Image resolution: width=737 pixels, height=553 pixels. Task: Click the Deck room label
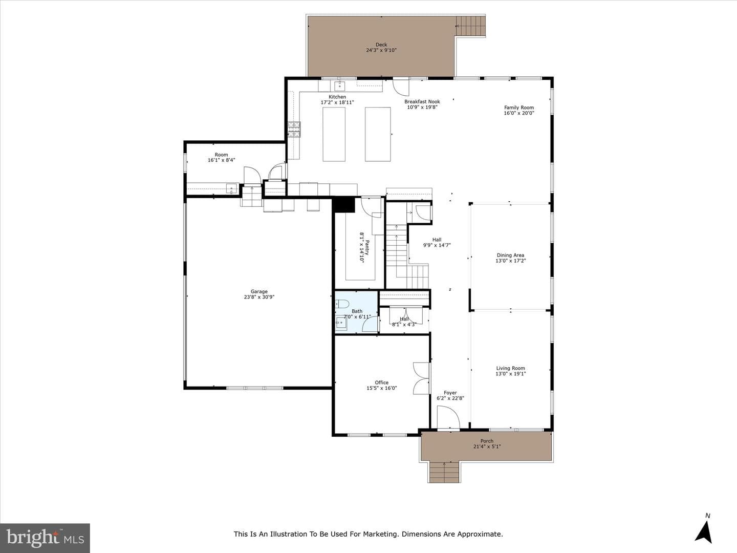click(381, 45)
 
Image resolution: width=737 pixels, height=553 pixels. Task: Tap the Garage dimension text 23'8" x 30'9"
click(259, 297)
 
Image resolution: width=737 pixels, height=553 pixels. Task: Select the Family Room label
click(519, 108)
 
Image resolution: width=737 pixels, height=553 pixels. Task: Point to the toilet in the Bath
click(342, 304)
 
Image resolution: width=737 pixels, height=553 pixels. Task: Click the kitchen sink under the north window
click(339, 86)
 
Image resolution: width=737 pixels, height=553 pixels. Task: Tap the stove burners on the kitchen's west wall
click(294, 130)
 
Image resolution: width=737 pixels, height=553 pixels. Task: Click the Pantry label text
click(367, 247)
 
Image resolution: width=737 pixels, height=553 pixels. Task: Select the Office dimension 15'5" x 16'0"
click(381, 388)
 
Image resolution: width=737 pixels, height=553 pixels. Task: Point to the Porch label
click(487, 441)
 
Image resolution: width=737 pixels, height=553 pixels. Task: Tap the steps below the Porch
click(444, 472)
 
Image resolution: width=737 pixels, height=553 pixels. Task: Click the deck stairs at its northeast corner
click(470, 26)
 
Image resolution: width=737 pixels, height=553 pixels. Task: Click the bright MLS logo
click(45, 538)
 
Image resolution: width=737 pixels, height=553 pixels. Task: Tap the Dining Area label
click(510, 255)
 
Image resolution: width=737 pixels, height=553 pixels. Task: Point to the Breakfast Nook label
click(422, 102)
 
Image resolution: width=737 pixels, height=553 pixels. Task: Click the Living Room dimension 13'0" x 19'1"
click(511, 374)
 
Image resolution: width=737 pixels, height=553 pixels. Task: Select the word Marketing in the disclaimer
click(382, 534)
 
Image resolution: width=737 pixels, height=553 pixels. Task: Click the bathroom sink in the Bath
click(341, 323)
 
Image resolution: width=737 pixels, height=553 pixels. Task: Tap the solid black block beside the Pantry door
click(343, 205)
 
